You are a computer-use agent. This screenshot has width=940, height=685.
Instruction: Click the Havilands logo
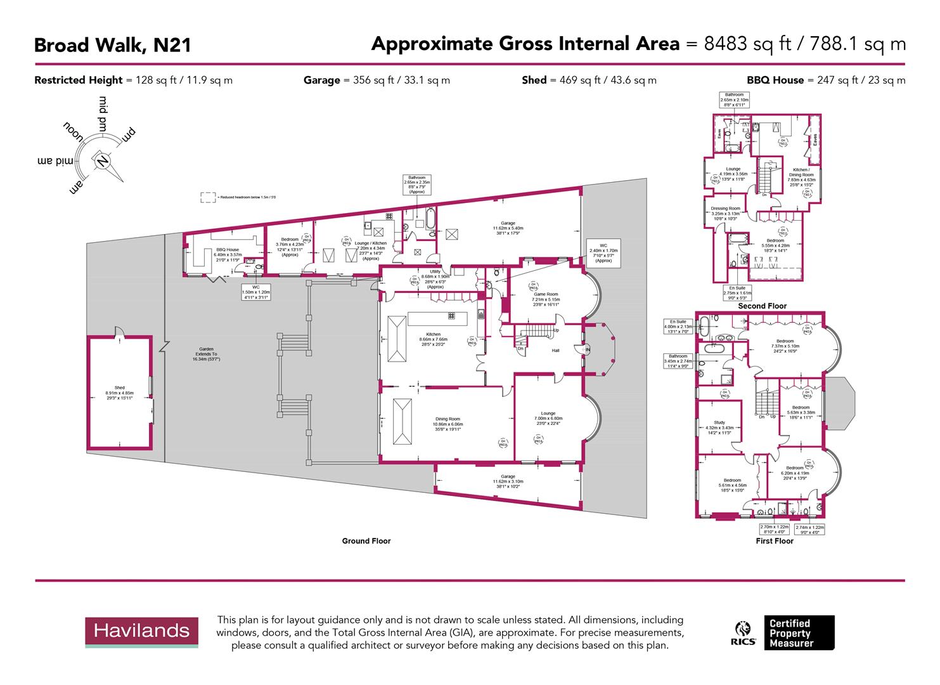point(141,630)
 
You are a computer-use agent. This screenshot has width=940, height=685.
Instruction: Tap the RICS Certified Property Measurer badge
point(785,632)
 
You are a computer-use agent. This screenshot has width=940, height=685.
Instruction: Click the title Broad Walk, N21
point(112,45)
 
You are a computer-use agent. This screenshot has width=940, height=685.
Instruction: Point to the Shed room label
point(119,388)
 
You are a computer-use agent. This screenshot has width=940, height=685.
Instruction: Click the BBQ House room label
point(228,250)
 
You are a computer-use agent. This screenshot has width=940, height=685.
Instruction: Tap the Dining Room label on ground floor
point(447,419)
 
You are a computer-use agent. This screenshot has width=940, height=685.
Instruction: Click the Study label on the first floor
point(719,422)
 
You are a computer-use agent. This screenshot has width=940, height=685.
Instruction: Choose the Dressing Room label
point(725,209)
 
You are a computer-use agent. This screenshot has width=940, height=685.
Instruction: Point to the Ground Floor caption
point(366,541)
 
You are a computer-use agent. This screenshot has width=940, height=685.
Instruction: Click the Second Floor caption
point(762,306)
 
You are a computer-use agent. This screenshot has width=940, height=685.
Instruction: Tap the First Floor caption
point(775,541)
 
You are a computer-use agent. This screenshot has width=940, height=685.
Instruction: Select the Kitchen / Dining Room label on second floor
point(801,173)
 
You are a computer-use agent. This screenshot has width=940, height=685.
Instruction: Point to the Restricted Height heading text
point(78,80)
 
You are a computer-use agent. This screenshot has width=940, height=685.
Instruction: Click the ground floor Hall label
point(555,350)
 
